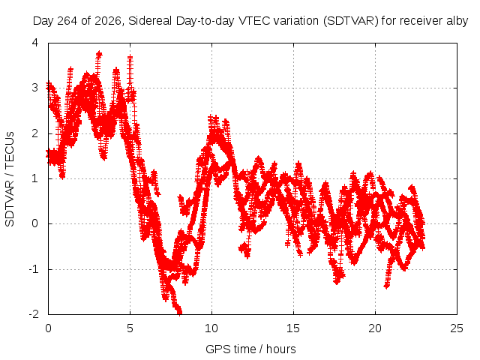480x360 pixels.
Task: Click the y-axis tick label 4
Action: pos(35,43)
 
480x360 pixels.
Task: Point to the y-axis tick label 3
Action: pos(35,88)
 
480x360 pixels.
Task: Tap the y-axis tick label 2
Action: pos(35,133)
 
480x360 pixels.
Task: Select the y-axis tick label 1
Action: pos(35,178)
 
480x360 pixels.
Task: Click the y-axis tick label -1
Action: pos(33,269)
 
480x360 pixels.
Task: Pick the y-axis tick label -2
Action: pos(33,314)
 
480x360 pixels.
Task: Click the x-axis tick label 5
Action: pos(130,328)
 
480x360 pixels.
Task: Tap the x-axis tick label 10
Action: pos(211,328)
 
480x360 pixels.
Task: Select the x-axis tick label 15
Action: pos(293,328)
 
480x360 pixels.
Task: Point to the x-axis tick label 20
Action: pos(375,328)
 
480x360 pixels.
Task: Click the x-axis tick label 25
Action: pos(457,328)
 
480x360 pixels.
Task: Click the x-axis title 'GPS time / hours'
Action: pos(250,349)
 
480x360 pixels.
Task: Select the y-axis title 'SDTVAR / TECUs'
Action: pos(10,179)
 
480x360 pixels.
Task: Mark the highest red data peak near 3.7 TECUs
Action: pos(99,54)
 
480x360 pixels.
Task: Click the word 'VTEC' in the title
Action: pos(254,21)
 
